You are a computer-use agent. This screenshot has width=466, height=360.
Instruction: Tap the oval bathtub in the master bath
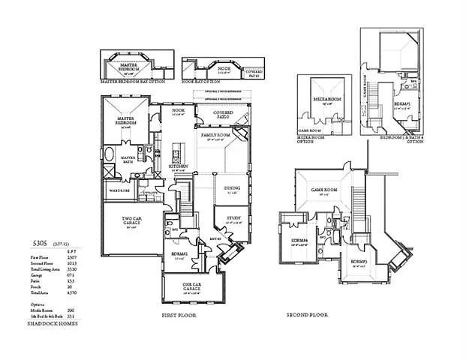(x=110, y=156)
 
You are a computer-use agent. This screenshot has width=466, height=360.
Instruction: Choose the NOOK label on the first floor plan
(x=179, y=110)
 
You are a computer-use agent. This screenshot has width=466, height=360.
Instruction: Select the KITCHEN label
(x=179, y=166)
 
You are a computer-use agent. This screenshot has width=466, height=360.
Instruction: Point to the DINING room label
(x=231, y=189)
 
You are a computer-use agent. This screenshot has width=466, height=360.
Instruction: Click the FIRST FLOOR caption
(x=178, y=316)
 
